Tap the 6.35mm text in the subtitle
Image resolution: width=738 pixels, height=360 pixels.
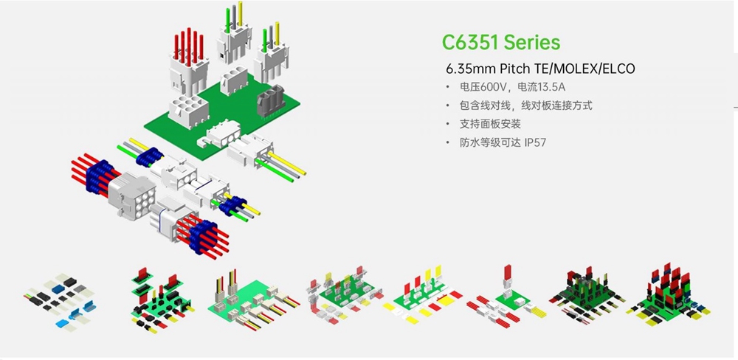coord(469,69)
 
